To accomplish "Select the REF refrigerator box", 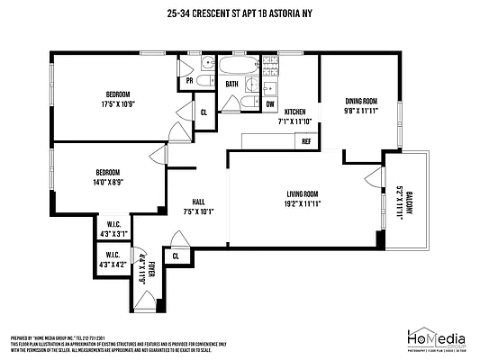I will click(x=306, y=141).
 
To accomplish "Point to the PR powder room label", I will click(x=189, y=80).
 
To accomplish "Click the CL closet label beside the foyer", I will click(x=177, y=256).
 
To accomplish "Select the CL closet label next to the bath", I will click(x=204, y=112).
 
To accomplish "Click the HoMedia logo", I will click(x=432, y=335).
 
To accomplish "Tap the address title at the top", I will click(x=240, y=13).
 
